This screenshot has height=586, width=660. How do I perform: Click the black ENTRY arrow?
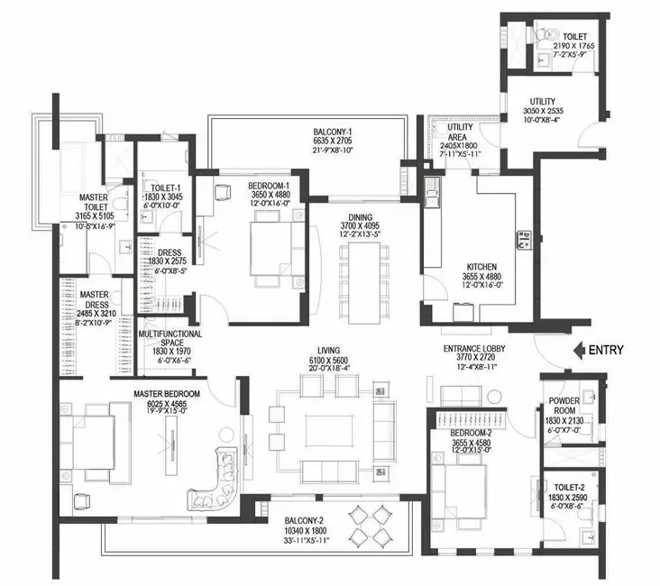point(580,350)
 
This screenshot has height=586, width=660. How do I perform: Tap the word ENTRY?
point(606,350)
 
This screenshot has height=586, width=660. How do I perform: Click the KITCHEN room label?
point(481,267)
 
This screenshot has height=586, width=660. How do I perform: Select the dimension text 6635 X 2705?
point(333,141)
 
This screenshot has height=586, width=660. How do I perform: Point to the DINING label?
point(361,217)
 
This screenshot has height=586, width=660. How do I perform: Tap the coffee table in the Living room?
point(330,431)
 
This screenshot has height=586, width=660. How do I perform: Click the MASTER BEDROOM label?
point(167,394)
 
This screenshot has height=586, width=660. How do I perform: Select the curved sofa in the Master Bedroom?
point(215,480)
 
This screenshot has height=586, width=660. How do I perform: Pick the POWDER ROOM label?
point(564,406)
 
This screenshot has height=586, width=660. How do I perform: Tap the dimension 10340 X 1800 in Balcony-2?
point(305,531)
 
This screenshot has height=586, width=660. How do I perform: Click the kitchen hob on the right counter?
point(524,240)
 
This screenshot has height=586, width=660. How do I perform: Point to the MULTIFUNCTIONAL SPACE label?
point(170,338)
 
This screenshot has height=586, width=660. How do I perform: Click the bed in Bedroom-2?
point(459,490)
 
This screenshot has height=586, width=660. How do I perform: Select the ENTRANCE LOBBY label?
point(474,349)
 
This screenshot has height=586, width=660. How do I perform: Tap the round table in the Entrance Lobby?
point(495,397)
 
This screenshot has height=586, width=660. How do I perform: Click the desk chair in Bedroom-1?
point(223,192)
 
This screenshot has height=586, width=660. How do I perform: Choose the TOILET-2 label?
point(569,488)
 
